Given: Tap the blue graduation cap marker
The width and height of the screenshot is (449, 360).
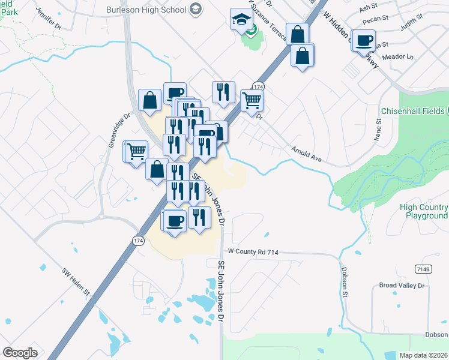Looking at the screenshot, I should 240,19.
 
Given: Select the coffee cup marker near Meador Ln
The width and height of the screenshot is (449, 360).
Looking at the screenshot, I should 364,41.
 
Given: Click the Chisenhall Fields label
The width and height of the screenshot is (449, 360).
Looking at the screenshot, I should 411,112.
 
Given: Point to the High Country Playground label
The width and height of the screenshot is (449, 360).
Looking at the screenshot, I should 424,211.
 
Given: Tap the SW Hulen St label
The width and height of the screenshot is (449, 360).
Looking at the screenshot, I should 75,281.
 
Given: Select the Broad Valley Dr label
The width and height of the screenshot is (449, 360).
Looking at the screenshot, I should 402,286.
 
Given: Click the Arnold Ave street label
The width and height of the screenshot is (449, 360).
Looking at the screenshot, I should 307,154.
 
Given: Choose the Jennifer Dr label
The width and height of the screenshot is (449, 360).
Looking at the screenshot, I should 49,19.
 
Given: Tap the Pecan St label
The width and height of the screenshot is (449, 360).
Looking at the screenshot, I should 372,20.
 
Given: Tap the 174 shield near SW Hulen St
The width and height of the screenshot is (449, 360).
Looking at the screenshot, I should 137,240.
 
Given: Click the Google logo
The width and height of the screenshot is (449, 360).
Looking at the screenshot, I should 20,353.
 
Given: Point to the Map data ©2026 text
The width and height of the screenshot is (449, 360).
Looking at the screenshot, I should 423,355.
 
